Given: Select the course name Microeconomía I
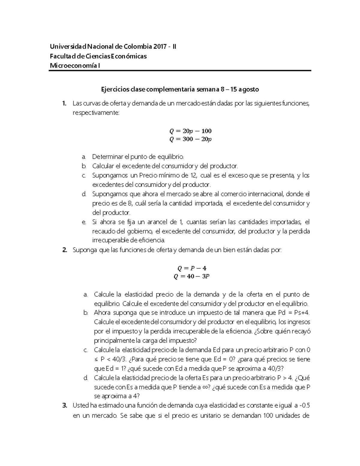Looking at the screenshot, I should click(75, 65).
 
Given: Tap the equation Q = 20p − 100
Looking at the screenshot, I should click(190, 131).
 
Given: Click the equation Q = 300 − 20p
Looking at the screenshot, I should click(190, 139).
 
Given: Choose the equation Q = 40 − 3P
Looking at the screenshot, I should click(192, 276).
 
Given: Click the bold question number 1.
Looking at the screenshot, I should click(64, 104).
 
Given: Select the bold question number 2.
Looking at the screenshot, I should click(64, 250).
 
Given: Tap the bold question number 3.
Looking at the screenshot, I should click(64, 406).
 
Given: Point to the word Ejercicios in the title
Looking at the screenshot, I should click(114, 89).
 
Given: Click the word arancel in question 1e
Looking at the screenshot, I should click(157, 222).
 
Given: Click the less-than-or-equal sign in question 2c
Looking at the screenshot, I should click(96, 359).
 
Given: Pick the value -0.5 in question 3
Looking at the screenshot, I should click(304, 406).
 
